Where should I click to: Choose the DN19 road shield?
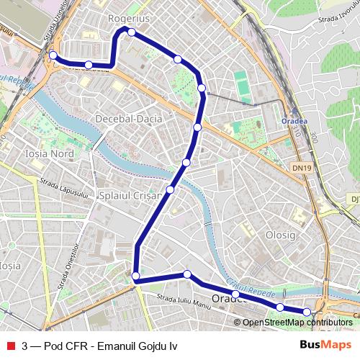click(x=302, y=167)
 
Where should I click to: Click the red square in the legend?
click(x=10, y=346)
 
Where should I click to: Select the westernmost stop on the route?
click(x=53, y=55)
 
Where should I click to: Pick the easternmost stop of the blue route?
click(x=307, y=311)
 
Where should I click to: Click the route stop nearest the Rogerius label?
click(x=131, y=30)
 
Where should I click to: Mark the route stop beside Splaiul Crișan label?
click(x=171, y=189)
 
